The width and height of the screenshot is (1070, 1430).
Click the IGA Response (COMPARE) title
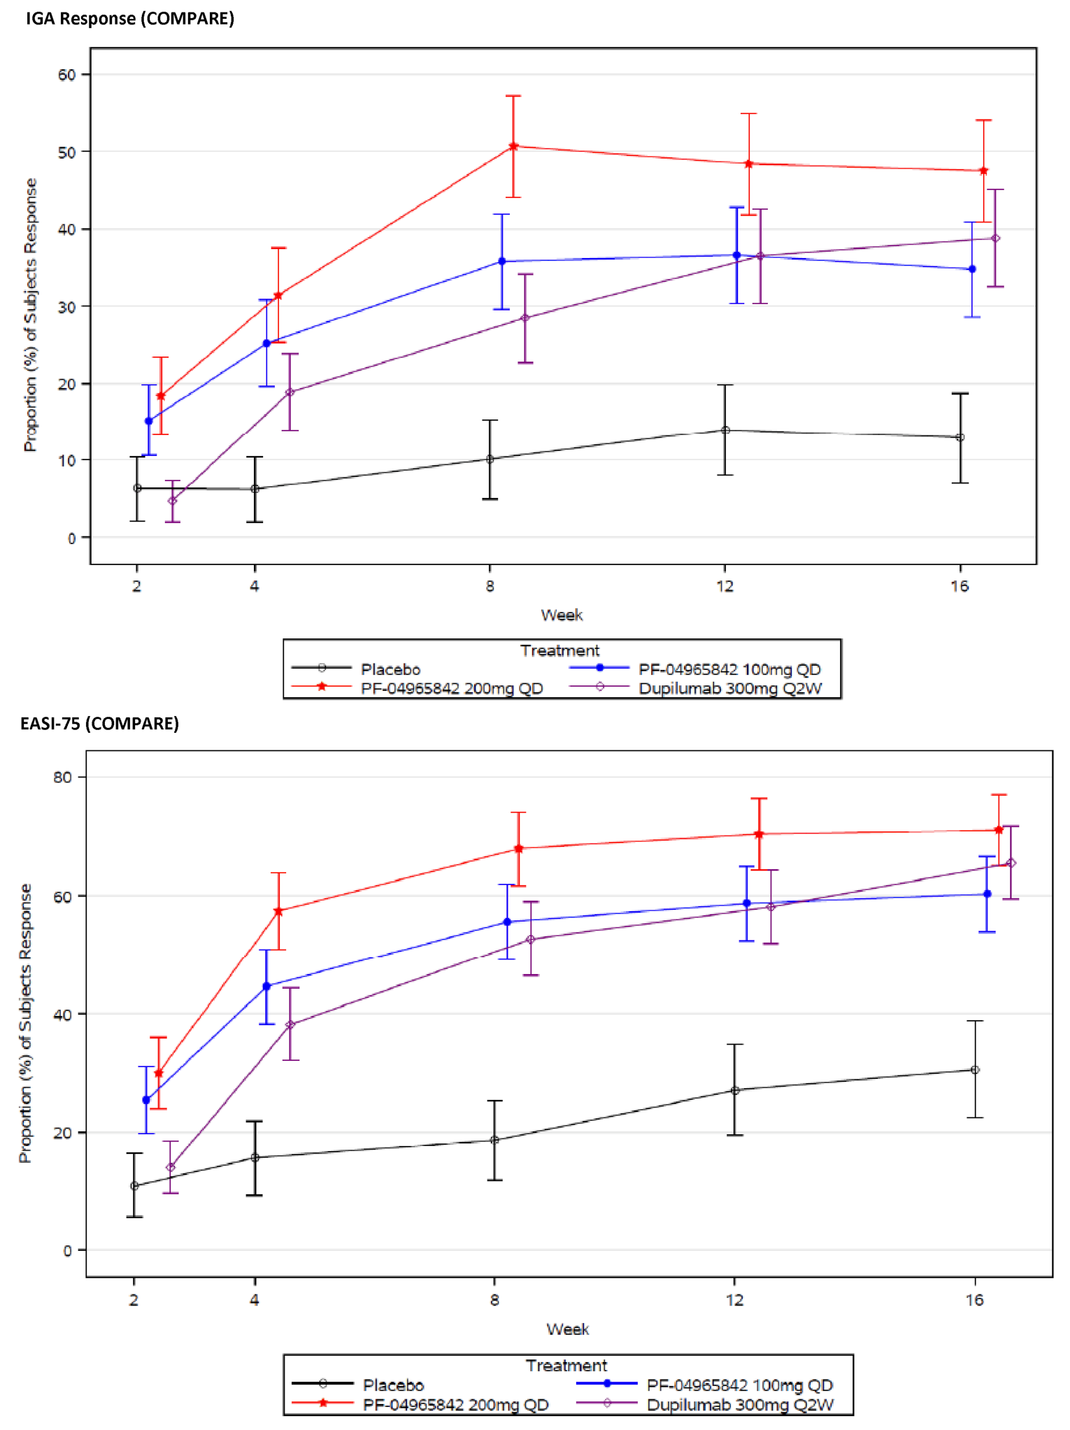(130, 19)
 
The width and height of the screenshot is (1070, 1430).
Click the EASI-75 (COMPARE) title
(99, 723)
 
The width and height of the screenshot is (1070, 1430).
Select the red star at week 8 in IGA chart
(513, 146)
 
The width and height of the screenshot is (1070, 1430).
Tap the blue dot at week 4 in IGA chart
(266, 343)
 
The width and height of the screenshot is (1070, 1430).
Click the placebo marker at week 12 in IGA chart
(725, 430)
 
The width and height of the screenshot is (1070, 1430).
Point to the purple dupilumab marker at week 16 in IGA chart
(995, 238)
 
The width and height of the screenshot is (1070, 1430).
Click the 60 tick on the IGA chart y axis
(66, 75)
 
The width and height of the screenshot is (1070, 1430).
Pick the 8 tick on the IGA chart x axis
(490, 586)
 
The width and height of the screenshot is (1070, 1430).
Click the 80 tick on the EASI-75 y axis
(62, 777)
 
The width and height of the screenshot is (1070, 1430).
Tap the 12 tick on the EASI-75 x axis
(734, 1299)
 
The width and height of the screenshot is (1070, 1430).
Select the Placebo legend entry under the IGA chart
(390, 669)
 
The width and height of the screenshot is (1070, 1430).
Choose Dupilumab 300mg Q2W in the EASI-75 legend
(740, 1404)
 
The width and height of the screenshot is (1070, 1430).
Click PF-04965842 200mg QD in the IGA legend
(452, 688)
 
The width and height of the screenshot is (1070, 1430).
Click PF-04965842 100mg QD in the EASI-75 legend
(740, 1385)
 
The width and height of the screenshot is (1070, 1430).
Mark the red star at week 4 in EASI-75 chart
(278, 911)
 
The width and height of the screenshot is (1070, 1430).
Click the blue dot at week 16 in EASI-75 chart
(987, 894)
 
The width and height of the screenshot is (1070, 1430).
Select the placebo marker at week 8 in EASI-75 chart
(494, 1140)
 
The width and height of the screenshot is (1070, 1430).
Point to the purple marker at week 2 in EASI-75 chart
(170, 1167)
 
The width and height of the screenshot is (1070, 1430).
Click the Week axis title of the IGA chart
(562, 615)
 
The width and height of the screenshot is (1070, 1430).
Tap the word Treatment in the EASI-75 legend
(566, 1365)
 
